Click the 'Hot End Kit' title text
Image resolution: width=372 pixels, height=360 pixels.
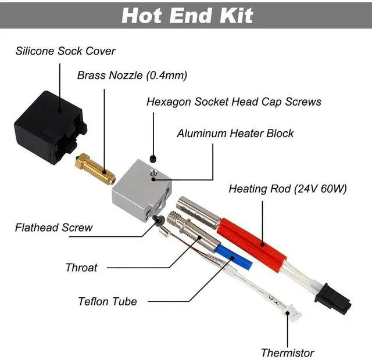(187, 16)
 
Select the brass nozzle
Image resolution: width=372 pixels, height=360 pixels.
(95, 169)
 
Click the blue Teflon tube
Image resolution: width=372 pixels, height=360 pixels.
(234, 257)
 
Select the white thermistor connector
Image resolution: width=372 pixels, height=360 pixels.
(291, 312)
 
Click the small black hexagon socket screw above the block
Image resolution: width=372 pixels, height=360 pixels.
(153, 159)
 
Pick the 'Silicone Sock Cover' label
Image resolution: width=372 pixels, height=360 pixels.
(65, 51)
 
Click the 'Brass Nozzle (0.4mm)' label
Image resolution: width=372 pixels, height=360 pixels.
(132, 75)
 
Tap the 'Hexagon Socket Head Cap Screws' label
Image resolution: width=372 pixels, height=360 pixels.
(234, 102)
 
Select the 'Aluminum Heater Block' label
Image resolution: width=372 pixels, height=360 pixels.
(235, 133)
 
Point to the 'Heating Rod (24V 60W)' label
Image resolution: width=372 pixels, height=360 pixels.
(288, 189)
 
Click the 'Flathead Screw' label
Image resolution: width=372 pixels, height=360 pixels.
(53, 228)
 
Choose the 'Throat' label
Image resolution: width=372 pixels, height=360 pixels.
(81, 268)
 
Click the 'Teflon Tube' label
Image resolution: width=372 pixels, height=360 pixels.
(108, 301)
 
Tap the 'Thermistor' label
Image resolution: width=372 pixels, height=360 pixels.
(287, 353)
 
